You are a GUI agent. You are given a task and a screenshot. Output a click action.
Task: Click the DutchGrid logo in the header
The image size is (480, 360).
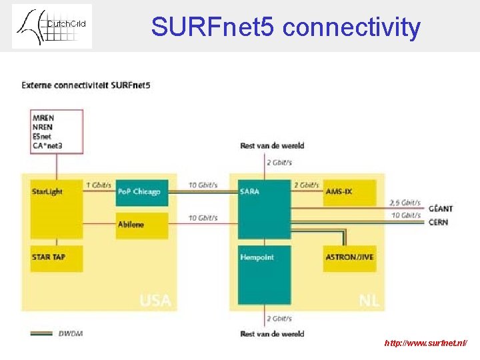(52, 26)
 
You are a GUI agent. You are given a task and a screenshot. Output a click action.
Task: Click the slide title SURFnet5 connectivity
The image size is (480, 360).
(285, 27)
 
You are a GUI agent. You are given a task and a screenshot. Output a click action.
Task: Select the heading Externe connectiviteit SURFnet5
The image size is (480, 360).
(86, 85)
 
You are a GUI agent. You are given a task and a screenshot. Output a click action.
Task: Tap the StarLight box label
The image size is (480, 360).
(47, 192)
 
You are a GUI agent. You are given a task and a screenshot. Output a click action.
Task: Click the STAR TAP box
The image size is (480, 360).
(56, 258)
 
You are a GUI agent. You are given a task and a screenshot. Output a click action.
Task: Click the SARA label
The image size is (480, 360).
(250, 192)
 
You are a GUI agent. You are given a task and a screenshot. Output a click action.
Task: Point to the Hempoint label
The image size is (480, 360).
(257, 257)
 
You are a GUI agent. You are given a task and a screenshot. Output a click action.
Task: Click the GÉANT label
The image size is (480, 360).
(441, 209)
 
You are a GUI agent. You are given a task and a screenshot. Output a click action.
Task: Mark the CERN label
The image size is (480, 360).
(438, 222)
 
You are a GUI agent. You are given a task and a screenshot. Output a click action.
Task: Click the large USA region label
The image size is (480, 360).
(155, 301)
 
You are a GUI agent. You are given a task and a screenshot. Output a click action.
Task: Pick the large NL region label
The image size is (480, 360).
(369, 301)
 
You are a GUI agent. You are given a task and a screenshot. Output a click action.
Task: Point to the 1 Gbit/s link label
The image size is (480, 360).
(98, 185)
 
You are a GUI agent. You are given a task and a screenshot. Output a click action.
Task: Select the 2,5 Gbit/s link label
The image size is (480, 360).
(405, 202)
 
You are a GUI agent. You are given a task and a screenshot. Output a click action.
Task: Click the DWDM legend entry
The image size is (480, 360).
(70, 333)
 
